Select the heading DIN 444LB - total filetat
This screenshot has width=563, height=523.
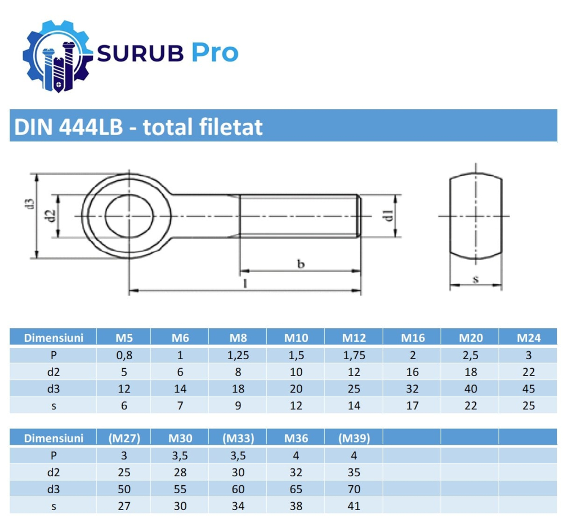pos(138,127)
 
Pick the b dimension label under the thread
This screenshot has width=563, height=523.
pos(301,263)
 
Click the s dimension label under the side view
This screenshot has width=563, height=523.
pos(475,278)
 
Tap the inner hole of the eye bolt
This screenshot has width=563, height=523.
pos(129,216)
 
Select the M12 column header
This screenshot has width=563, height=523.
pos(354,338)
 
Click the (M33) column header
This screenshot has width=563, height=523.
pos(238,438)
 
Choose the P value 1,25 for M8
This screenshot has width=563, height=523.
pos(238,355)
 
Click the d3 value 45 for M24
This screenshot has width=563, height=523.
pos(528,388)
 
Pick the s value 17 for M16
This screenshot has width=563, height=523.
pos(412,405)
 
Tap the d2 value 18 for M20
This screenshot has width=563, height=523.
pos(471,372)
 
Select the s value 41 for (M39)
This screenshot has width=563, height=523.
pos(354,506)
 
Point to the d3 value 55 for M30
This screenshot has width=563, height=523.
pos(180,489)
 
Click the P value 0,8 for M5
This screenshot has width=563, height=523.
pos(124,355)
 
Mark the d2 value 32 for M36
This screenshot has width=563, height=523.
pos(296,472)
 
